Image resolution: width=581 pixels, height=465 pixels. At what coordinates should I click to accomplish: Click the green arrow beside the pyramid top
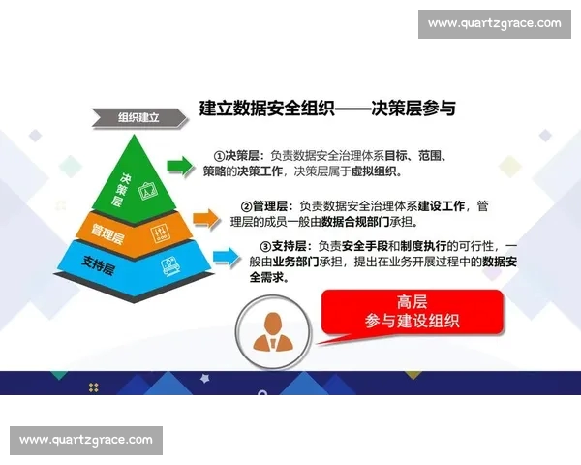[180, 166]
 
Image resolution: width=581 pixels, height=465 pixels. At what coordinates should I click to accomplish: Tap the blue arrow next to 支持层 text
[226, 256]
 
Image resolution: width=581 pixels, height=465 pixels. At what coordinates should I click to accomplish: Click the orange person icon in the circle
[273, 331]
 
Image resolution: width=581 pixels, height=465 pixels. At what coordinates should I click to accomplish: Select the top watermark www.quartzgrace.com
[494, 23]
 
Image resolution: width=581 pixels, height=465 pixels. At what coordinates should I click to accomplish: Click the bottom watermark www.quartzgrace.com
[86, 440]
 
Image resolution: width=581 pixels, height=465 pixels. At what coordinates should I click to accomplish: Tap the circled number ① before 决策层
[220, 155]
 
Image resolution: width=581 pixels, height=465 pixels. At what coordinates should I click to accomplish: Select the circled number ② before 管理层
[246, 206]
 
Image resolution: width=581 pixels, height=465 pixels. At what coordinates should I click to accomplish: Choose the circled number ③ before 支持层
[267, 246]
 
